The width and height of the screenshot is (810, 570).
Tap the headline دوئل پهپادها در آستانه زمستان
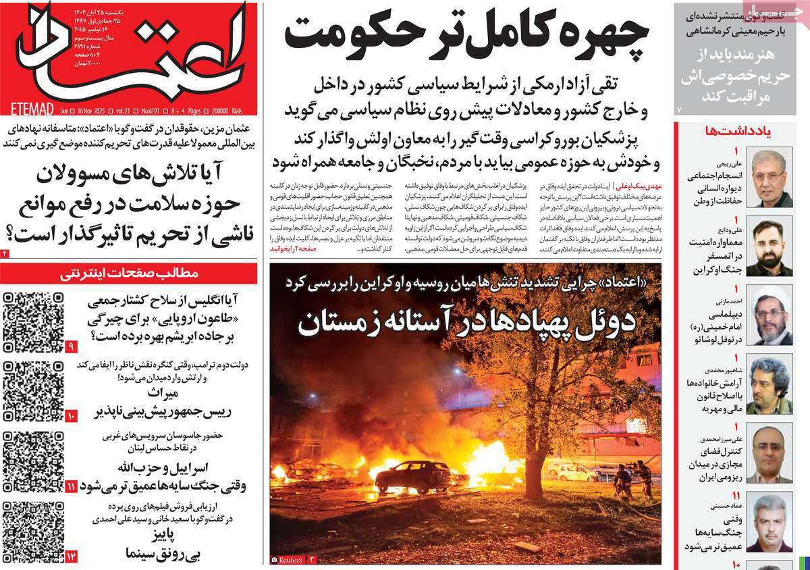[466, 322]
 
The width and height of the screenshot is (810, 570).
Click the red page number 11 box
[72, 486]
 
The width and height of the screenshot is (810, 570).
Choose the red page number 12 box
[72, 556]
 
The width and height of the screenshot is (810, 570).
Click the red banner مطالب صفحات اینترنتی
[128, 274]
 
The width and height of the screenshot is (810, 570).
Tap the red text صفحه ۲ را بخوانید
[288, 249]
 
